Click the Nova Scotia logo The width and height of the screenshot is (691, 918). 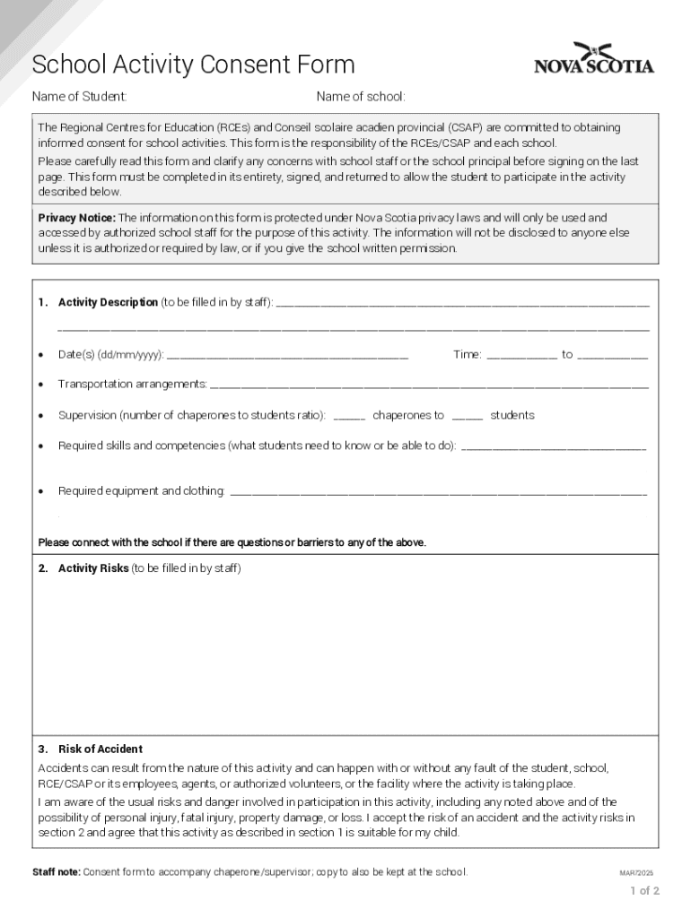(594, 59)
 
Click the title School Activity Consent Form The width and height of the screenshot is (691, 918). (193, 65)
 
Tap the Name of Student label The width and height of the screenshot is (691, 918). (79, 96)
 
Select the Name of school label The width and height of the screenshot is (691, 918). (361, 96)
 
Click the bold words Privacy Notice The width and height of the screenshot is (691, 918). (76, 218)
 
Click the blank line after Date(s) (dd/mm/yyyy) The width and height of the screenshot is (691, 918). (287, 356)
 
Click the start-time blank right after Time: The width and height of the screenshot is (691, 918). (521, 356)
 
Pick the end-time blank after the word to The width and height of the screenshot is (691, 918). (613, 356)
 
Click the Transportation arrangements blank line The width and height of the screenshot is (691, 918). (428, 385)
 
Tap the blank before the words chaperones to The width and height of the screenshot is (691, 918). (349, 417)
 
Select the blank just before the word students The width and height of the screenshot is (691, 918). (468, 417)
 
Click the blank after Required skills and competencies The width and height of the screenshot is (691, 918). (553, 446)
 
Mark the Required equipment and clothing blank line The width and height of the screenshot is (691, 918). (438, 492)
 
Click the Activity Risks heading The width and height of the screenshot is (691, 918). (93, 568)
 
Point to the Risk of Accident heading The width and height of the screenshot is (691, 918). (100, 749)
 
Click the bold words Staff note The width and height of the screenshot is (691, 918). (56, 872)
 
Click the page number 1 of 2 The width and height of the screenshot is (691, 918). (644, 891)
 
